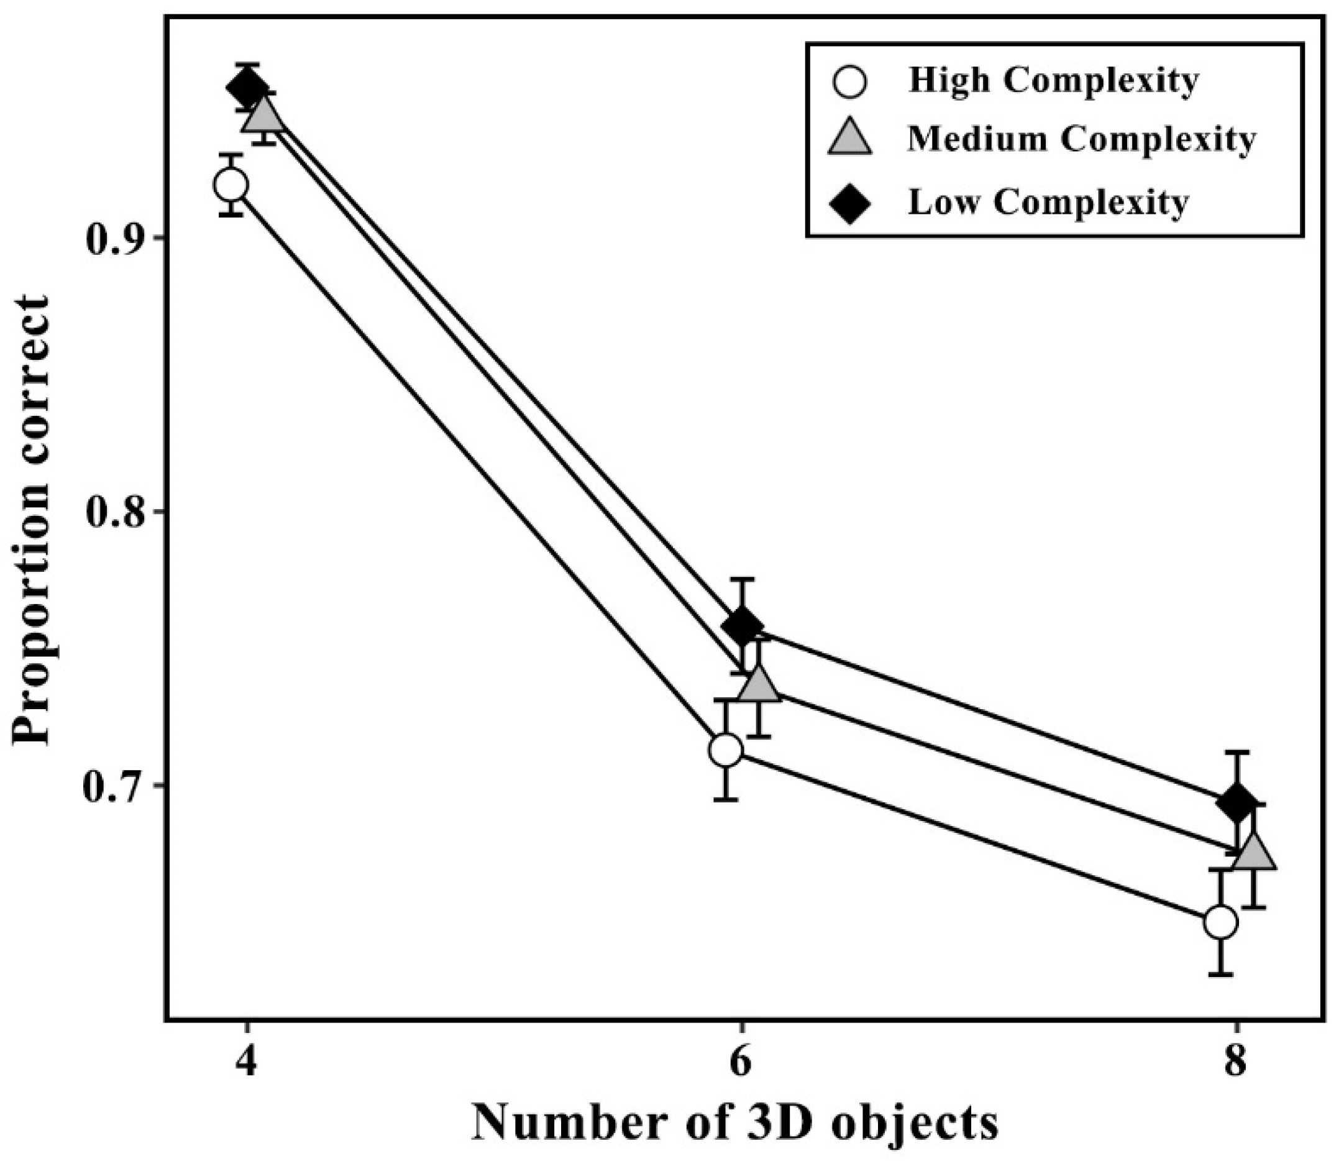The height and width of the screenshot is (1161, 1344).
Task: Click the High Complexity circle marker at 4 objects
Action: click(x=231, y=185)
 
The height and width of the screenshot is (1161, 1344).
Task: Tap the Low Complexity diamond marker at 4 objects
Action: click(x=248, y=88)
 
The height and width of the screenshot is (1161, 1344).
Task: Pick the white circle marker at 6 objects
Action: click(x=726, y=750)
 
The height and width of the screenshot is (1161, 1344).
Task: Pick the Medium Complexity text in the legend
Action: click(x=1081, y=139)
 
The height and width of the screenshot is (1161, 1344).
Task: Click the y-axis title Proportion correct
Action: click(x=31, y=519)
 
